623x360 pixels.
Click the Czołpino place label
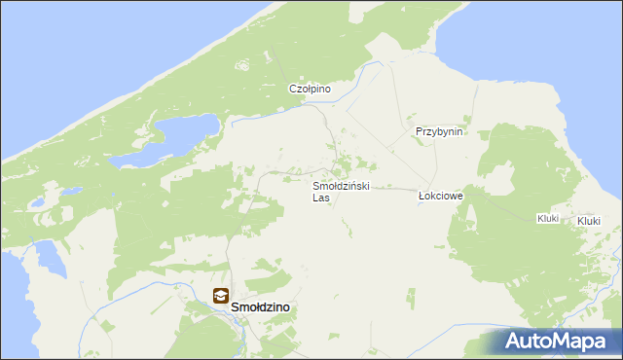point(311,89)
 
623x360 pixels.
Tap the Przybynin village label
point(439,131)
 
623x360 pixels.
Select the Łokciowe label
point(440,196)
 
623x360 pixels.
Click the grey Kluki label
point(547,219)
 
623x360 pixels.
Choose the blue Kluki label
point(588,222)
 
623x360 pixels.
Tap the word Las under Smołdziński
point(321,198)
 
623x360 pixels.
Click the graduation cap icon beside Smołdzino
point(221,297)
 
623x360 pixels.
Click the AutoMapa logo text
point(561,342)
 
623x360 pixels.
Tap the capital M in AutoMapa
point(569,342)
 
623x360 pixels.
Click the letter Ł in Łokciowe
point(421,196)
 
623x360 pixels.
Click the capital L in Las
point(315,198)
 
